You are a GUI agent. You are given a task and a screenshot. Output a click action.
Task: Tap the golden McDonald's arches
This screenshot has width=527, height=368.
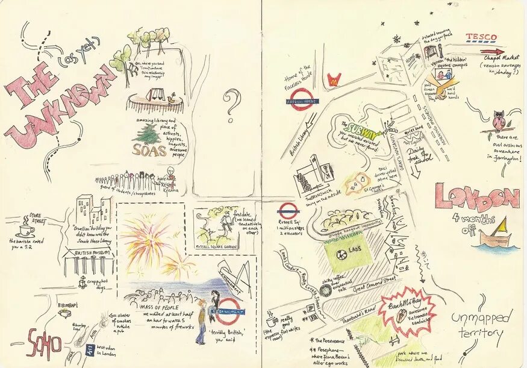pyautogui.click(x=335, y=78)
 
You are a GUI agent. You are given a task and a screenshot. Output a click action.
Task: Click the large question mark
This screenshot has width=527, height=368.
pyautogui.click(x=232, y=100)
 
